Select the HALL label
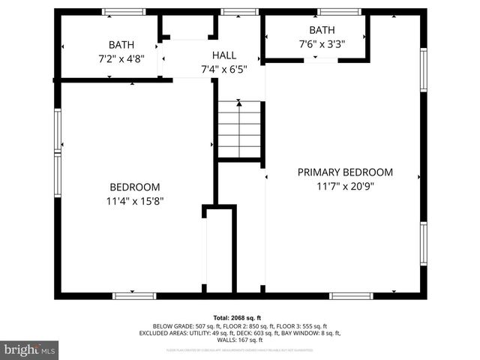[x=223, y=55]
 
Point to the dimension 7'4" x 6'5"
[x=223, y=69]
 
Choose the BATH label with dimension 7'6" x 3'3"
[x=322, y=30]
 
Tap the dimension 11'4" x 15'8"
[x=135, y=200]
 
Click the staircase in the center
[x=239, y=129]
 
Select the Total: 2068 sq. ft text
[x=239, y=318]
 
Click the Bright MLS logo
[x=30, y=349]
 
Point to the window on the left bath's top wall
[x=124, y=12]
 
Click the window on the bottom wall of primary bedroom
[x=351, y=295]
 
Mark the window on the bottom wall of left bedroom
[x=134, y=295]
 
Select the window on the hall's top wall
[x=240, y=12]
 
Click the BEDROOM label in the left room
[x=135, y=187]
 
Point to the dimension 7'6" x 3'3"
[x=322, y=43]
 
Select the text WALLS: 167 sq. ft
[x=239, y=340]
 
